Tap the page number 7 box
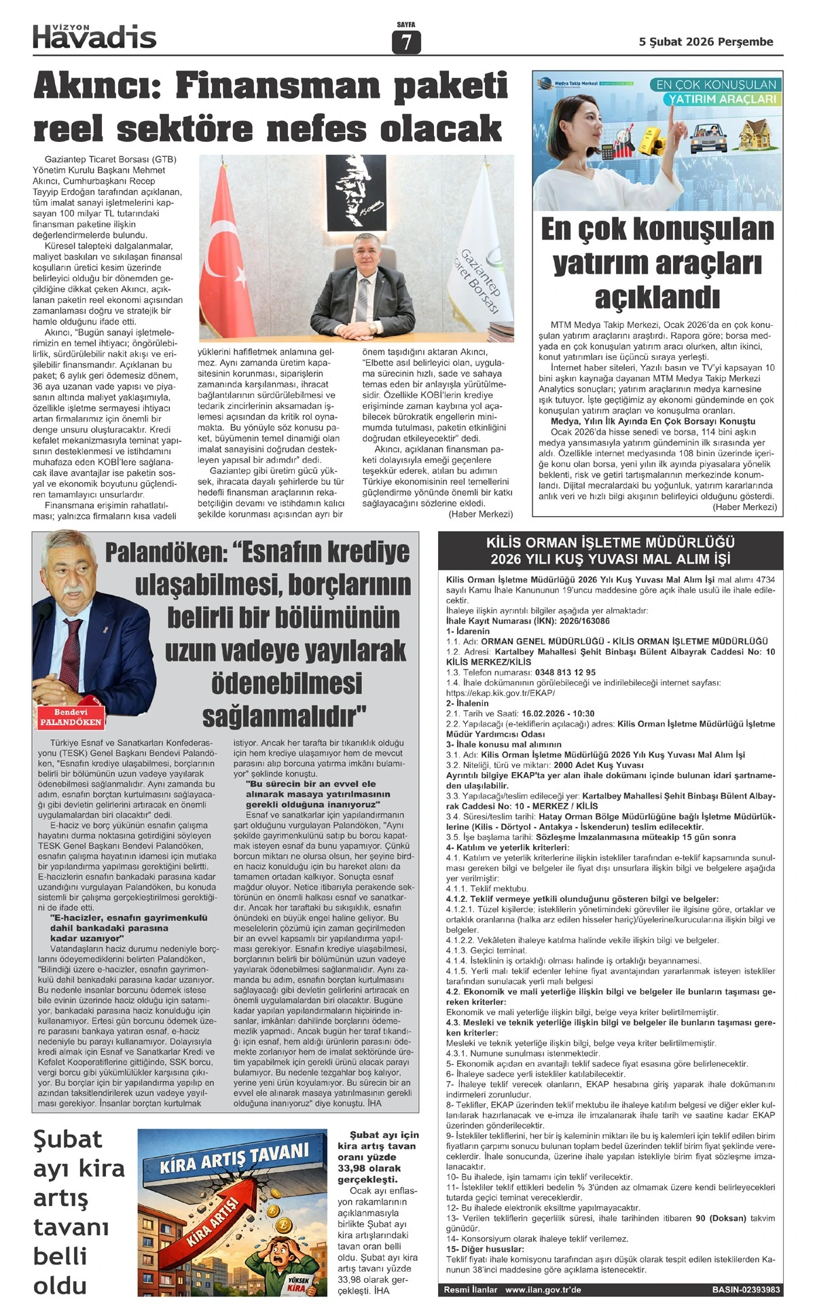406,42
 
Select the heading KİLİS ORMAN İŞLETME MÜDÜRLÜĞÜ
610,543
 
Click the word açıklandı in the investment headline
657,297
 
